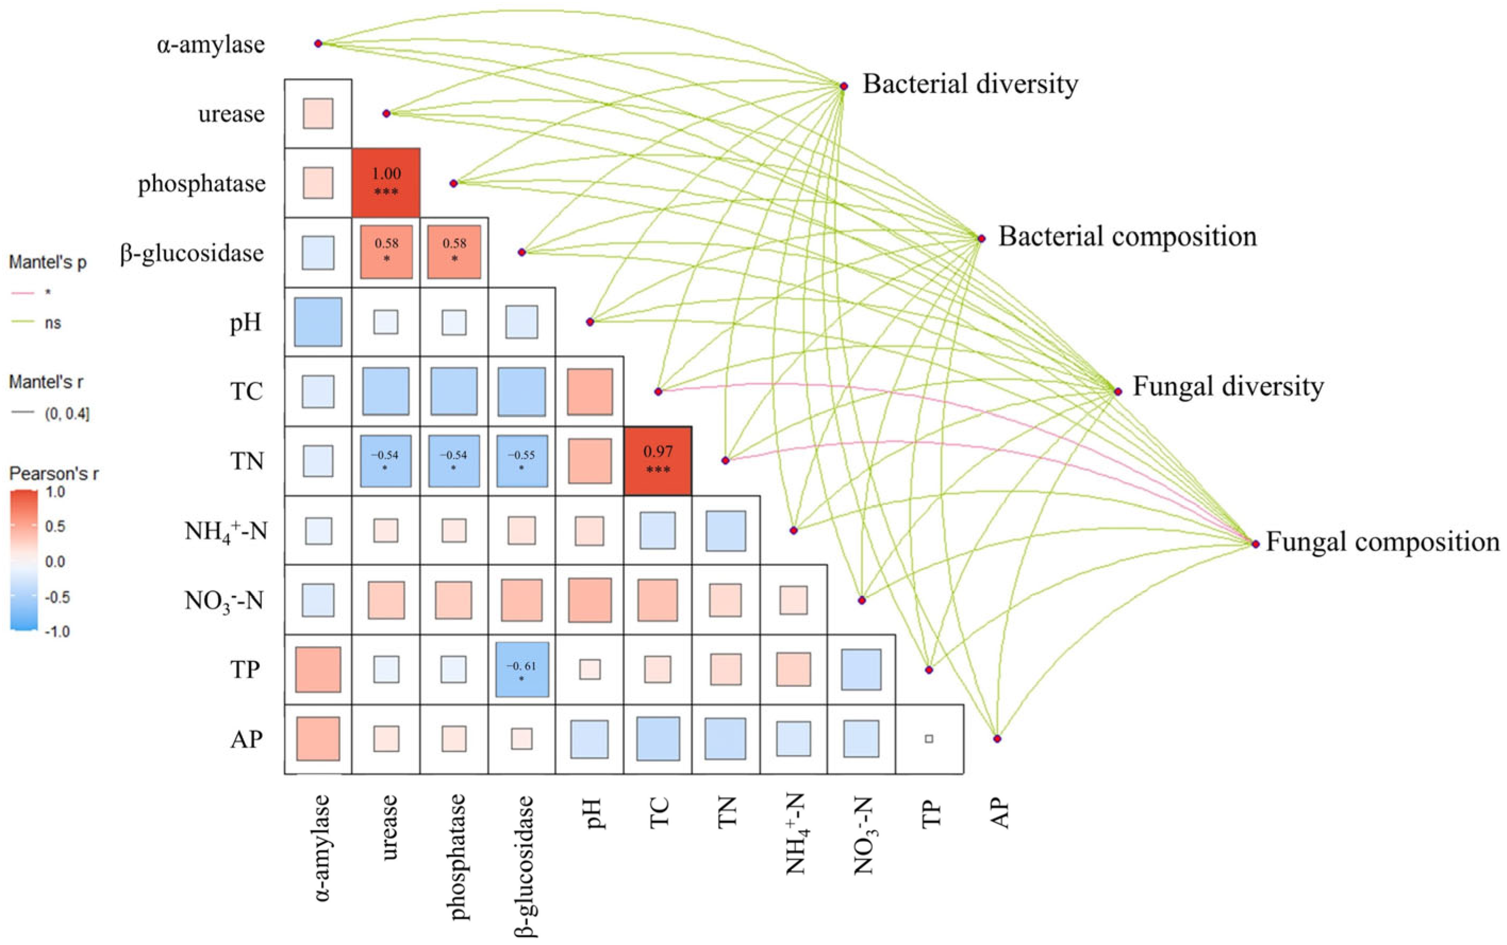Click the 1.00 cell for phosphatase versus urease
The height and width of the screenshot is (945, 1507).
point(386,182)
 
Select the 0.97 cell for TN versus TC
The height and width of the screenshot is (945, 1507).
point(658,461)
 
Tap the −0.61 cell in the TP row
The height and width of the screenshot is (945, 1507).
point(521,670)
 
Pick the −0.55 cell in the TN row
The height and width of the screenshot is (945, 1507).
point(521,461)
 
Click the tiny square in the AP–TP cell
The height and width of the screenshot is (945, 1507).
point(929,739)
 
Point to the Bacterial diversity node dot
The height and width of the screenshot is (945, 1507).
point(843,86)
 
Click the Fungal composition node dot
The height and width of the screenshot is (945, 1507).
point(1255,543)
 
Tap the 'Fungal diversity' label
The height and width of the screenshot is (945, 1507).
point(1228,387)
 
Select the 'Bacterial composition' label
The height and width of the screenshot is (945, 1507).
point(1127,237)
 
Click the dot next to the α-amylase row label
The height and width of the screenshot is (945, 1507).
point(318,44)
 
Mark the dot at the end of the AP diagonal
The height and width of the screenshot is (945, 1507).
point(997,739)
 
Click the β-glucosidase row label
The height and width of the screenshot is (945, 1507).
point(192,254)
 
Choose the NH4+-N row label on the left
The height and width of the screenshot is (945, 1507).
point(226,532)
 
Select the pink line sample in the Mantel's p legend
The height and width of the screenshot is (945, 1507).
point(22,292)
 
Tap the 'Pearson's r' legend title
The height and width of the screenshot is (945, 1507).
point(54,474)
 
